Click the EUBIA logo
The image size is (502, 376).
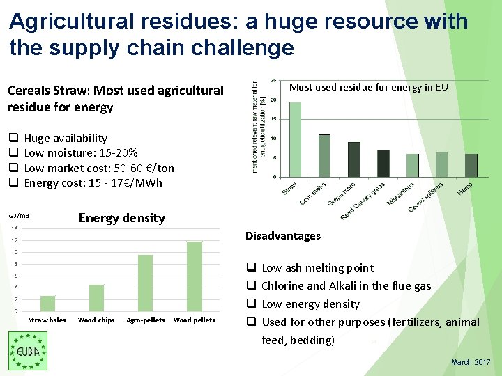tap(28, 350)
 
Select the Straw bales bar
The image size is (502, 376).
tap(47, 304)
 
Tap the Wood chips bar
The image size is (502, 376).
tap(96, 298)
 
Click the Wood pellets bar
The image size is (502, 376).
tap(194, 276)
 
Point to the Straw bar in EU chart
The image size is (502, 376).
tap(296, 139)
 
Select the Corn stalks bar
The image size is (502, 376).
tap(324, 155)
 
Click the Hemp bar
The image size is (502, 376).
tap(471, 165)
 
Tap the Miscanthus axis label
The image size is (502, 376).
tap(402, 194)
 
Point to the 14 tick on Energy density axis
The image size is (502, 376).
tap(14, 229)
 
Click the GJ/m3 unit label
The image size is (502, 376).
tap(20, 215)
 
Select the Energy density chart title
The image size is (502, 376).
tap(121, 218)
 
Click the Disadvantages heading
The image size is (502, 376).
tap(282, 236)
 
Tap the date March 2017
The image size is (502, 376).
tap(471, 362)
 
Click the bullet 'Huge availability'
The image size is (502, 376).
tap(66, 139)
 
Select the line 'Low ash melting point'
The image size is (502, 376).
tap(317, 268)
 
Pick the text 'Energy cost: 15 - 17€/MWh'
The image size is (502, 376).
tap(93, 183)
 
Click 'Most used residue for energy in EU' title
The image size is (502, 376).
tap(368, 88)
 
